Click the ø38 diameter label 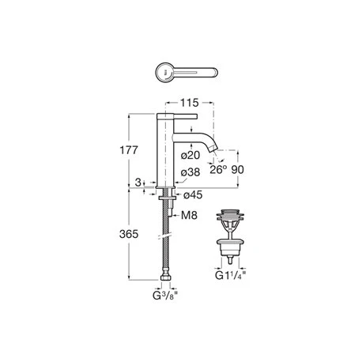(190, 172)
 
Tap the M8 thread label (189, 215)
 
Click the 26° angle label (218, 168)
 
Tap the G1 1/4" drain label (230, 277)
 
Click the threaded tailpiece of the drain (229, 254)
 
